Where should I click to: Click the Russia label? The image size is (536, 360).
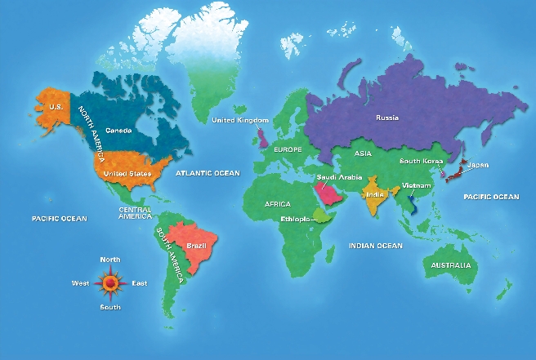pyautogui.click(x=387, y=118)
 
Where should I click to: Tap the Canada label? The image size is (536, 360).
pyautogui.click(x=118, y=131)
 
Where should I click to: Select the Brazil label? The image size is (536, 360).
pyautogui.click(x=195, y=246)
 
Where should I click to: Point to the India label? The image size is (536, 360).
pyautogui.click(x=375, y=195)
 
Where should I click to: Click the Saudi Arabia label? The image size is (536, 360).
pyautogui.click(x=334, y=177)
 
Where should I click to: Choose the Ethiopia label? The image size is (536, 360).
pyautogui.click(x=295, y=220)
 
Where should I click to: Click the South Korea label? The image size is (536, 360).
pyautogui.click(x=420, y=162)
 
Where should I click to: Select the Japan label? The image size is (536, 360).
pyautogui.click(x=478, y=166)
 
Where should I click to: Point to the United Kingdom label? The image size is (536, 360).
pyautogui.click(x=240, y=121)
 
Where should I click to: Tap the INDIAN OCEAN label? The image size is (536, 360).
pyautogui.click(x=375, y=246)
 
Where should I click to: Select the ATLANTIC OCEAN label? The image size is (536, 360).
pyautogui.click(x=209, y=173)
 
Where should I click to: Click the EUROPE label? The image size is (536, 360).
pyautogui.click(x=288, y=150)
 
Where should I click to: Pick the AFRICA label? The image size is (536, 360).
pyautogui.click(x=278, y=204)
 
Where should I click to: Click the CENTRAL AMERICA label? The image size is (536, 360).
pyautogui.click(x=135, y=213)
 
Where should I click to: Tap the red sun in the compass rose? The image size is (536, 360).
pyautogui.click(x=109, y=283)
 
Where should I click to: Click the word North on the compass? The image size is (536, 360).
pyautogui.click(x=109, y=260)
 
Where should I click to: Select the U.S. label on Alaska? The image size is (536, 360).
pyautogui.click(x=56, y=107)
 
